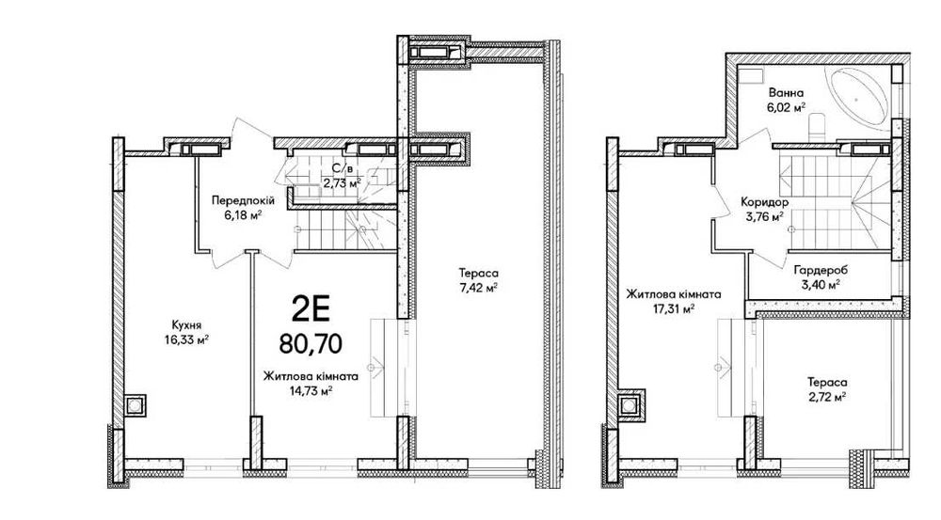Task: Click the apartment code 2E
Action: [x=311, y=309]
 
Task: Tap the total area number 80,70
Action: [x=311, y=343]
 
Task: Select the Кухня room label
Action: [x=186, y=324]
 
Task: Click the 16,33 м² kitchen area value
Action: [x=186, y=339]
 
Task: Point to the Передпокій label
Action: [x=243, y=200]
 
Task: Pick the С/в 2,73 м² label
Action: [x=343, y=177]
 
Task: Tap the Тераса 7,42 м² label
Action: [x=478, y=280]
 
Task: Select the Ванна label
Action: [x=786, y=93]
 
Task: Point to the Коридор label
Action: [x=764, y=202]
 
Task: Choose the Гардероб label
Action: [x=817, y=269]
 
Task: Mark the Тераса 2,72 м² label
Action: [x=827, y=389]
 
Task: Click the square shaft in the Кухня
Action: [x=135, y=406]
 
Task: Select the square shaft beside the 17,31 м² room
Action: [x=629, y=406]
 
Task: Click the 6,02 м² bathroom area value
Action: [x=786, y=108]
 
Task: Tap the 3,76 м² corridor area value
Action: [x=764, y=217]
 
